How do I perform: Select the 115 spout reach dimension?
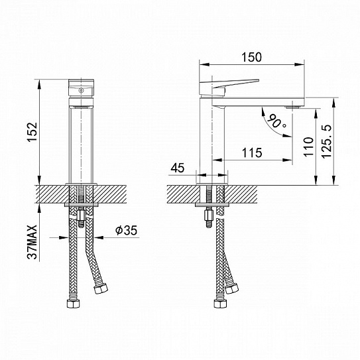(x=251, y=152)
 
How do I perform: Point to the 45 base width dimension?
(x=177, y=169)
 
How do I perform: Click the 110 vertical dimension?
(x=306, y=147)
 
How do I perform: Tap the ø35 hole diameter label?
(x=125, y=231)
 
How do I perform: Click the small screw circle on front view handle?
(x=82, y=88)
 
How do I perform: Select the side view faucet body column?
(x=211, y=139)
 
